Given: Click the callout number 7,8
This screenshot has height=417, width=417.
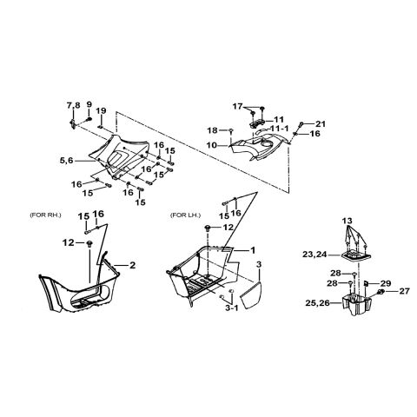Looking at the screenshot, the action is click(74, 105).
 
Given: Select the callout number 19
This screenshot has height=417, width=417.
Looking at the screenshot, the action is click(102, 110).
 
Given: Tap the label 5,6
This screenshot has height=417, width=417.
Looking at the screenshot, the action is click(66, 160).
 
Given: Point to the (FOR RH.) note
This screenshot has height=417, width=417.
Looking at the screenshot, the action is click(45, 215).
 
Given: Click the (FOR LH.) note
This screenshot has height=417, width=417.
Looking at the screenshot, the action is click(185, 215).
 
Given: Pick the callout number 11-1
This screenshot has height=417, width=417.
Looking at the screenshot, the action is click(280, 128).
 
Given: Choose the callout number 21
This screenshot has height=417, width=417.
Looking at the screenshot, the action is click(321, 124).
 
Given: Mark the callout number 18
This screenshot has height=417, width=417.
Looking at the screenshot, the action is click(212, 130).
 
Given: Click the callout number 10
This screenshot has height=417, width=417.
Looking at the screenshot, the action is click(212, 145).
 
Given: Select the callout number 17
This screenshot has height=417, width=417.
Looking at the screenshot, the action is click(237, 107).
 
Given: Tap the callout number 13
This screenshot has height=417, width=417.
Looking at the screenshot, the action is click(347, 221).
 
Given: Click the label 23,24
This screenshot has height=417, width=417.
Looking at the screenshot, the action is click(314, 255).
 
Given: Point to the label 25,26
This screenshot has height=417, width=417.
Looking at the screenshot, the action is click(317, 303).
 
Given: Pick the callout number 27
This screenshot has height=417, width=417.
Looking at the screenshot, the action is click(405, 291).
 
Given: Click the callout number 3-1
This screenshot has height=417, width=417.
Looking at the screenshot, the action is click(232, 308).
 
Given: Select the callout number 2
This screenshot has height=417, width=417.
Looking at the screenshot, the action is click(132, 265).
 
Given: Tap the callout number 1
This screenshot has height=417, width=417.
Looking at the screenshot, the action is click(253, 250).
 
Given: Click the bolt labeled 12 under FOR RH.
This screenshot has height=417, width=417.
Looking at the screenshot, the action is click(89, 243).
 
